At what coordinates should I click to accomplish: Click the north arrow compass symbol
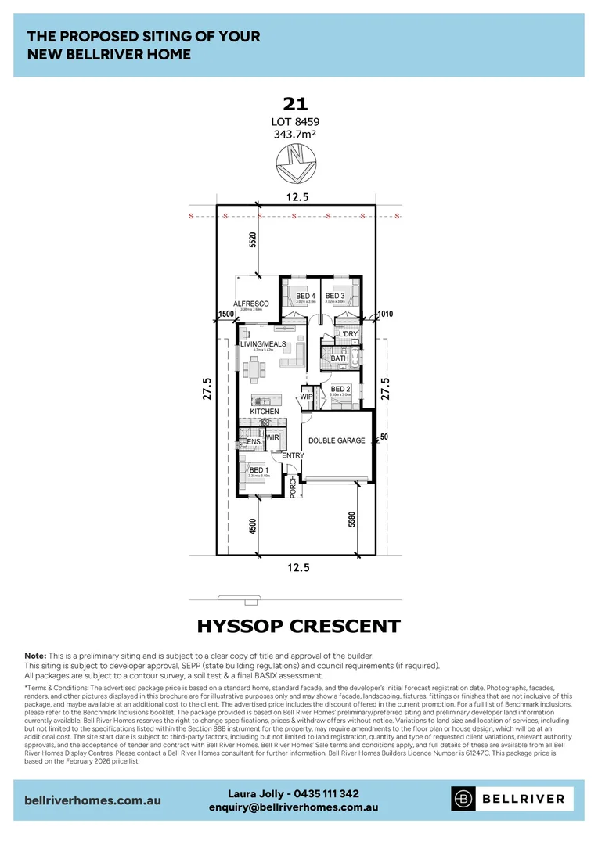click(x=296, y=164)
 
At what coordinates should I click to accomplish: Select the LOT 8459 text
click(x=296, y=121)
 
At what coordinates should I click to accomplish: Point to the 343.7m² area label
click(x=296, y=135)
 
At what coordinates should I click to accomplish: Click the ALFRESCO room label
click(x=251, y=304)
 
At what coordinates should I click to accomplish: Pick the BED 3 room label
click(x=335, y=296)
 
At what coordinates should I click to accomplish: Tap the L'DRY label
click(x=348, y=334)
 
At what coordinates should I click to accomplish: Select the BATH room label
click(x=340, y=358)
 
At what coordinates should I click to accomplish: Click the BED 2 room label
click(x=340, y=389)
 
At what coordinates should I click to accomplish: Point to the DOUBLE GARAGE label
click(x=337, y=440)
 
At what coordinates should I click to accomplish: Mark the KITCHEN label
click(x=264, y=411)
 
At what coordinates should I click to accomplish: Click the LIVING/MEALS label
click(x=263, y=344)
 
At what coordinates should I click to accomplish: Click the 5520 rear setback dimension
click(x=252, y=240)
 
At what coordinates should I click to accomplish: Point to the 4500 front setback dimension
click(x=252, y=527)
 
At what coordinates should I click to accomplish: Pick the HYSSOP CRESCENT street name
click(x=298, y=627)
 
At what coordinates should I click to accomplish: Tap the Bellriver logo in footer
click(x=512, y=799)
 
